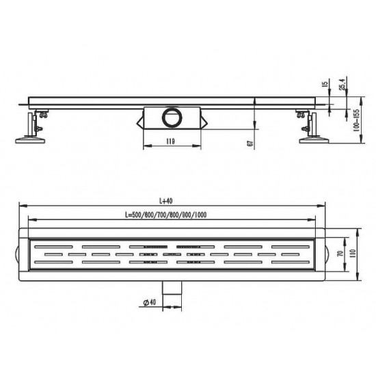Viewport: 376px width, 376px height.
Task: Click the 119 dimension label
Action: click(170, 142)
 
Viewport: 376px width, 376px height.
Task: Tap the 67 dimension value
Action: click(250, 144)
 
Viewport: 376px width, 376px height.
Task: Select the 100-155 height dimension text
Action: click(357, 120)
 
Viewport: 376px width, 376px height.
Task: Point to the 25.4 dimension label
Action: click(343, 85)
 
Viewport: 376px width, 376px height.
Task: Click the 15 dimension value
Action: click(325, 84)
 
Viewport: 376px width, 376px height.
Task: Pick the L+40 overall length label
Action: click(166, 201)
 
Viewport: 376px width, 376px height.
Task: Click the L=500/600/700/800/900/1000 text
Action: click(165, 215)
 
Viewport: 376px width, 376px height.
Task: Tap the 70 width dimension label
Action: click(340, 254)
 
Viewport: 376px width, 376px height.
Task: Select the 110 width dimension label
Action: click(353, 254)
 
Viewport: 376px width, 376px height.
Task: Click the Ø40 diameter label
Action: click(150, 302)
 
